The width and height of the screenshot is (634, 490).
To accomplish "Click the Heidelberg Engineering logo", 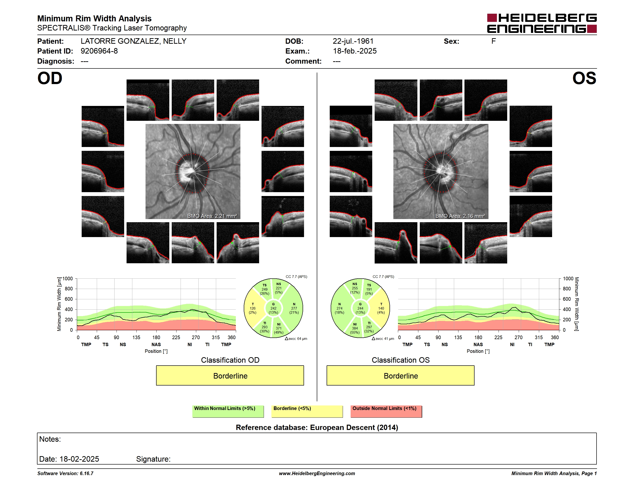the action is (542, 23).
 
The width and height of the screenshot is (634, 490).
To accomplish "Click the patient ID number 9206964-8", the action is (99, 51).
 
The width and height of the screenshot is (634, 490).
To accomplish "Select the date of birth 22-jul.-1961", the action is (353, 41).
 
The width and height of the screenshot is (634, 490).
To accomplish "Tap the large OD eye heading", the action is (50, 78).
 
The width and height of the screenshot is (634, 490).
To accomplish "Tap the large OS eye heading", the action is (584, 78).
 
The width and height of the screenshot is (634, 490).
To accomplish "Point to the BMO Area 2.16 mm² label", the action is (460, 216).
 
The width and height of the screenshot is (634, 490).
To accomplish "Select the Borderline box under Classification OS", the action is (401, 376).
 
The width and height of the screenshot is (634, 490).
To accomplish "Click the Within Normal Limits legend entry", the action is (228, 411).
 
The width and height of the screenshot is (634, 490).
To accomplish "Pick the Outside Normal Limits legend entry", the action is (386, 411).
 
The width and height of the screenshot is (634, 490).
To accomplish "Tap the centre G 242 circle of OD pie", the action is (273, 308).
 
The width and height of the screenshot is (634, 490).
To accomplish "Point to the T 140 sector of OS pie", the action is (381, 308).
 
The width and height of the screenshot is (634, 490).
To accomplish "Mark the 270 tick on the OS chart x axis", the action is (518, 337).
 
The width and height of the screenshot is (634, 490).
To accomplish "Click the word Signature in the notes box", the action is (153, 459).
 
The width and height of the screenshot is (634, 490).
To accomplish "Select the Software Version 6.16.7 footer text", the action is (65, 473).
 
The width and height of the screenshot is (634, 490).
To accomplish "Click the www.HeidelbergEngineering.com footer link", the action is (317, 473).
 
